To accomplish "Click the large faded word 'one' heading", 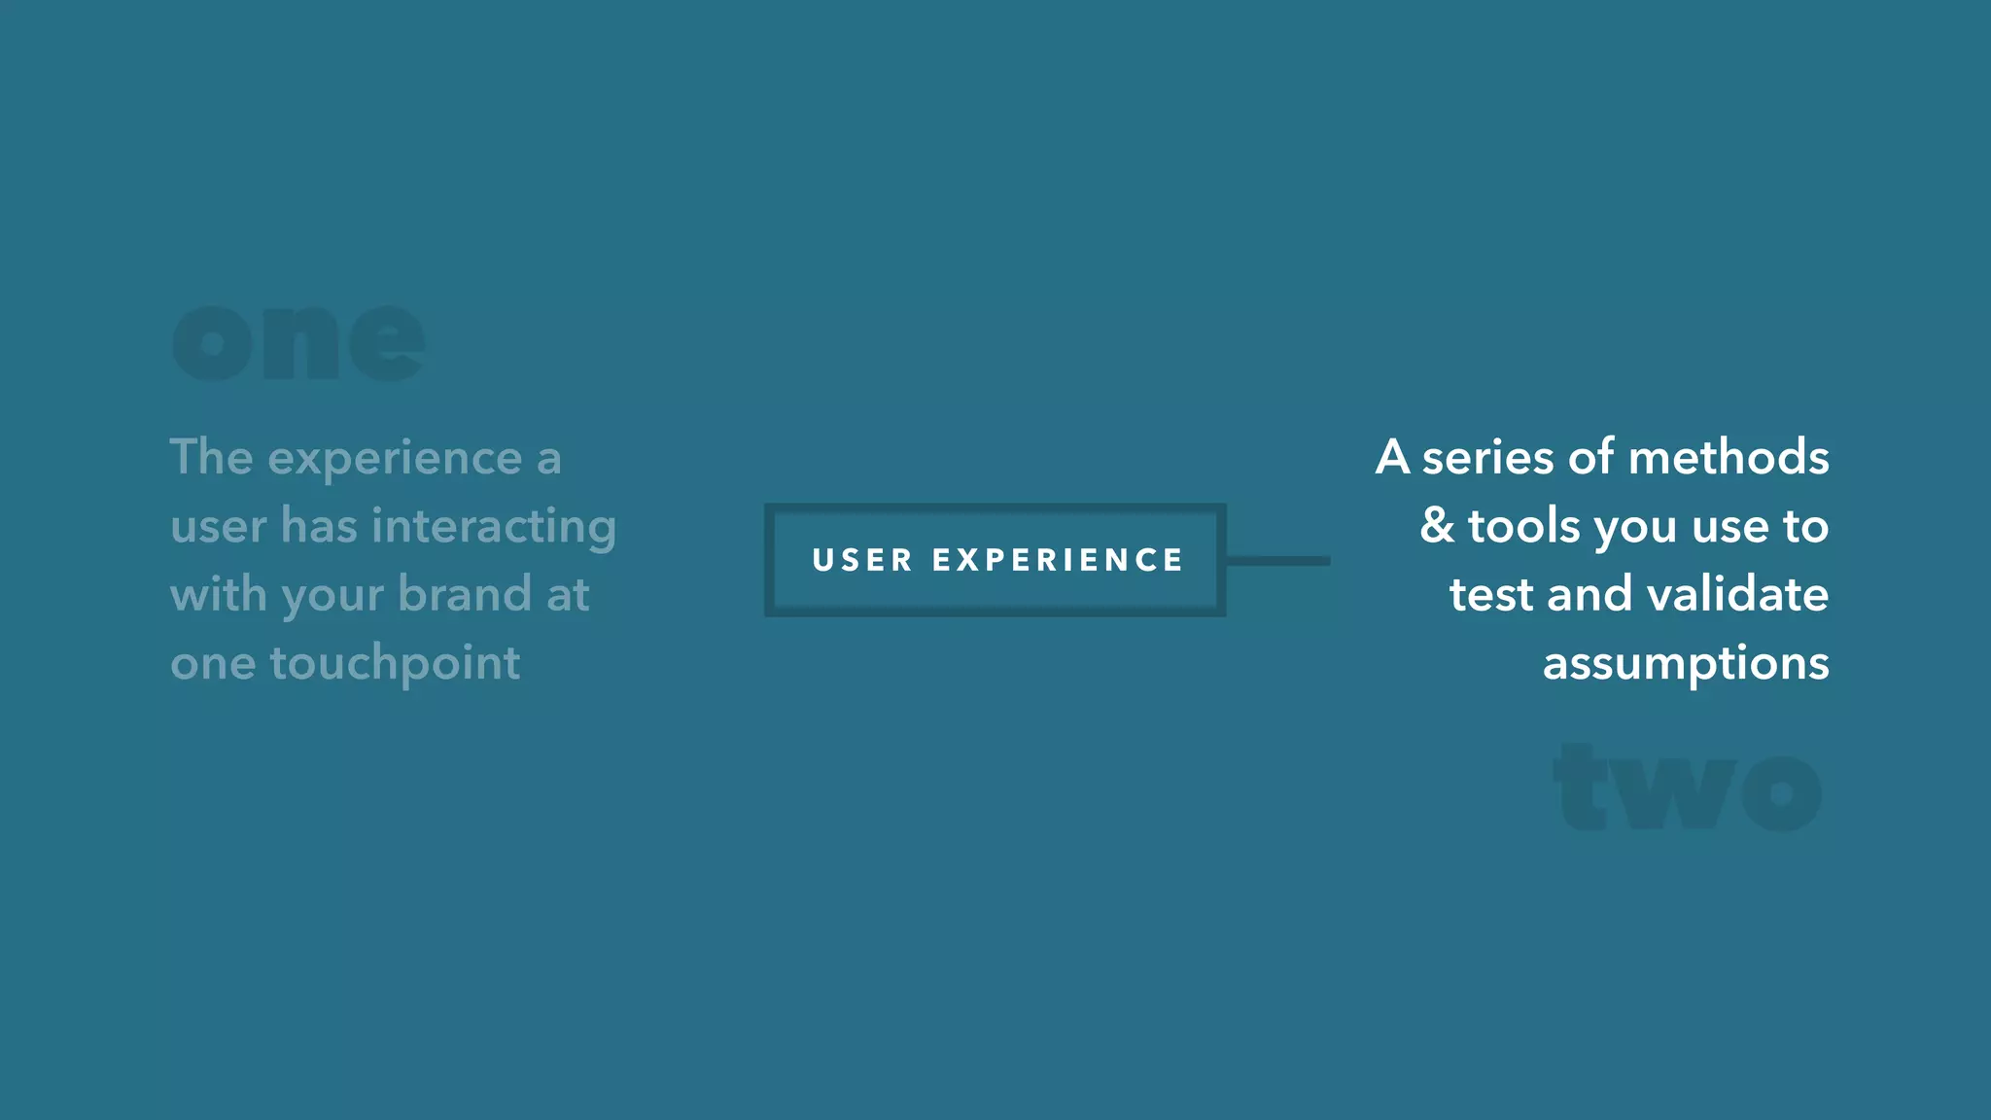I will (298, 342).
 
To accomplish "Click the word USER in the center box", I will (862, 560).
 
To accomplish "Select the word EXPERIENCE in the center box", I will (1058, 560).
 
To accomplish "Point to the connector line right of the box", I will (1277, 561).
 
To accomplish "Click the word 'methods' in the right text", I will (1728, 457).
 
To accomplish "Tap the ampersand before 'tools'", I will (1437, 525).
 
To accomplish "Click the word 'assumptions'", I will (1686, 664).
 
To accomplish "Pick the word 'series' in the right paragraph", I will (1487, 457).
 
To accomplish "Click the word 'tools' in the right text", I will (1523, 525).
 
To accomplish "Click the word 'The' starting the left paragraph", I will (211, 457).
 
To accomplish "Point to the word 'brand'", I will (465, 594).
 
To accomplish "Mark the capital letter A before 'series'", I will (1392, 457).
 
